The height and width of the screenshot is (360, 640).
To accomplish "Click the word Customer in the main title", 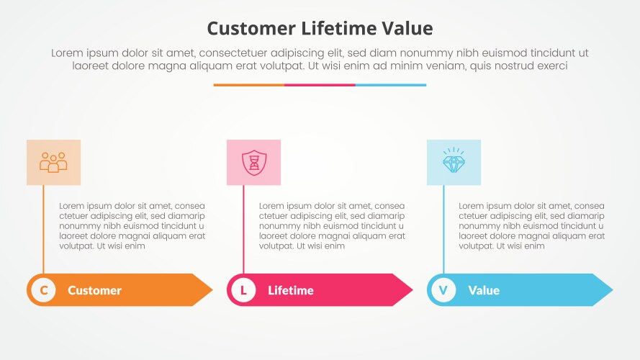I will coord(251,28).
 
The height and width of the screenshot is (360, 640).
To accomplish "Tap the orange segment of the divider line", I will coord(248,85).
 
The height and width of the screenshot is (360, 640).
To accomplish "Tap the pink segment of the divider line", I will coord(320,85).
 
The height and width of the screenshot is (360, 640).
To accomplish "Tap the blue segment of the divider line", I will coord(391,85).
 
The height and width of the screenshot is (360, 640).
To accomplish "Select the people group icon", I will coord(53,162).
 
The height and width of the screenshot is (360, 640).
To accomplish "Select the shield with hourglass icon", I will coord(253,162).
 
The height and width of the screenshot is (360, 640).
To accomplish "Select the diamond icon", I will coord(454,163).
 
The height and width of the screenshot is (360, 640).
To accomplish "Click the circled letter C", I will coord(44,290).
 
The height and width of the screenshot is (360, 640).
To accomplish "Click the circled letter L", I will coord(243,290).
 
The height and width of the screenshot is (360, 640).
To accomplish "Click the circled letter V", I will coord(443,290).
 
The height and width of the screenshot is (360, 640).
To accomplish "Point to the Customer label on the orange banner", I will coord(94,291).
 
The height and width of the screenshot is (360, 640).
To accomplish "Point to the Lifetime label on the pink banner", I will coord(291,291).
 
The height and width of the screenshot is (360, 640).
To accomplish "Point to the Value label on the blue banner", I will coord(484,291).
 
